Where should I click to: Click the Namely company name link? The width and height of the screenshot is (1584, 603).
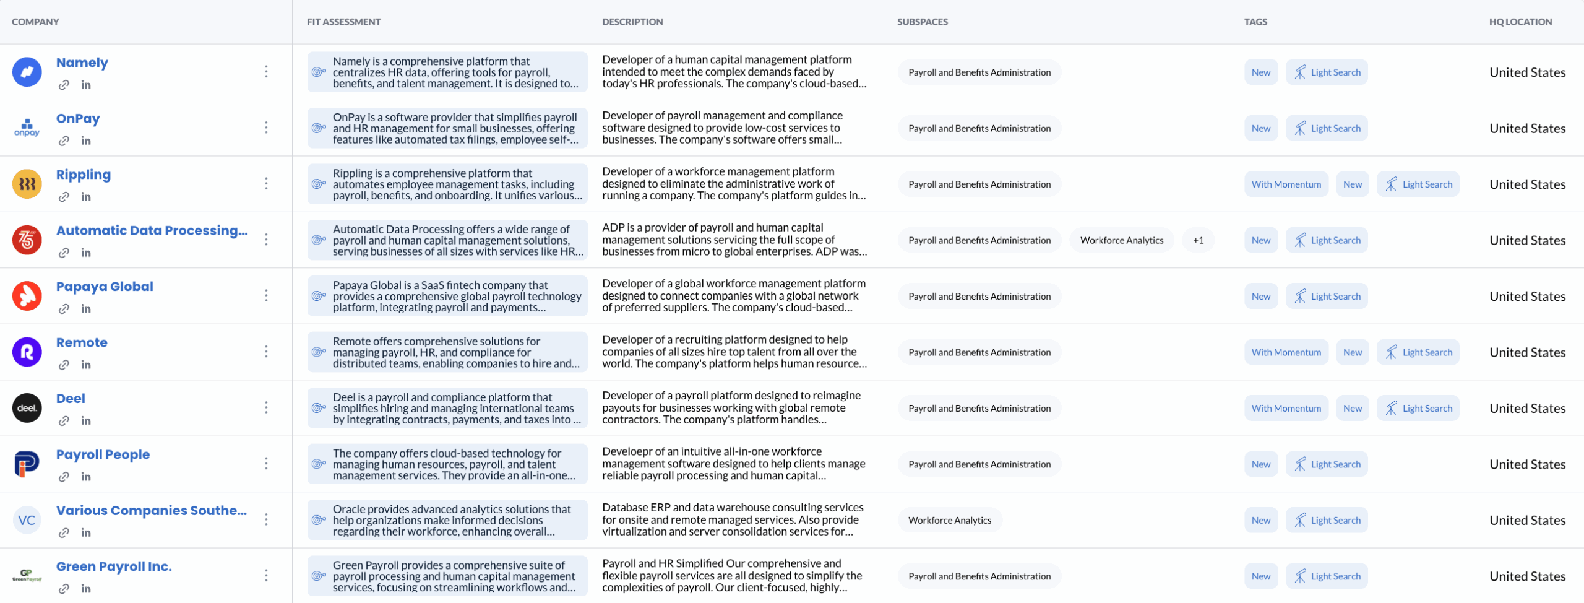[x=82, y=63]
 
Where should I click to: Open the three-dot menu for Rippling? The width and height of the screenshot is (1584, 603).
[x=266, y=184]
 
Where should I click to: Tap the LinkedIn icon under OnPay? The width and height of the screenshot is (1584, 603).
[x=86, y=141]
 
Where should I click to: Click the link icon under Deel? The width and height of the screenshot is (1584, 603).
[x=64, y=421]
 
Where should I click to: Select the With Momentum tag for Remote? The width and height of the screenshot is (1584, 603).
[x=1286, y=352]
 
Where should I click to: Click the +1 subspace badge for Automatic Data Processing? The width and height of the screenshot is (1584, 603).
[x=1198, y=240]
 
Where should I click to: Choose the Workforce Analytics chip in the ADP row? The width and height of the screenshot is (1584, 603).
[x=1121, y=240]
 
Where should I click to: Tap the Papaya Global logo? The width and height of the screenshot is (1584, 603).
[x=27, y=296]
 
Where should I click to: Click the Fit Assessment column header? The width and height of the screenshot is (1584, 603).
[x=343, y=22]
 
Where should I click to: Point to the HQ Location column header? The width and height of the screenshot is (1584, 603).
[x=1520, y=22]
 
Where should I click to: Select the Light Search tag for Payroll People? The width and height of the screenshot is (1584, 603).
[x=1327, y=464]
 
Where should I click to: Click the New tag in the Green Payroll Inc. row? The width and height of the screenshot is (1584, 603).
[x=1260, y=576]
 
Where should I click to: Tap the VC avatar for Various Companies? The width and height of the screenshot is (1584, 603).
[x=27, y=520]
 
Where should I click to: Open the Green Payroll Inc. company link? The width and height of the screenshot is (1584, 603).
[x=114, y=566]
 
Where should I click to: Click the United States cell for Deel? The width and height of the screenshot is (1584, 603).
[x=1527, y=409]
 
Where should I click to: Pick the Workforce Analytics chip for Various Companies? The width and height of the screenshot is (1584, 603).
[x=949, y=520]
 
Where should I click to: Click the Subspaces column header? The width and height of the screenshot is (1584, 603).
[x=922, y=22]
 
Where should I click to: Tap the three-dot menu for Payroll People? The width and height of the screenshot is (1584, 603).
[x=266, y=464]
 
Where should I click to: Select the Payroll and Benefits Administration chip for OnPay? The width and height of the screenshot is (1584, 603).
[x=979, y=128]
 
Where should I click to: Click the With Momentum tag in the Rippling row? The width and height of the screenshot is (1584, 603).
[x=1286, y=184]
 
